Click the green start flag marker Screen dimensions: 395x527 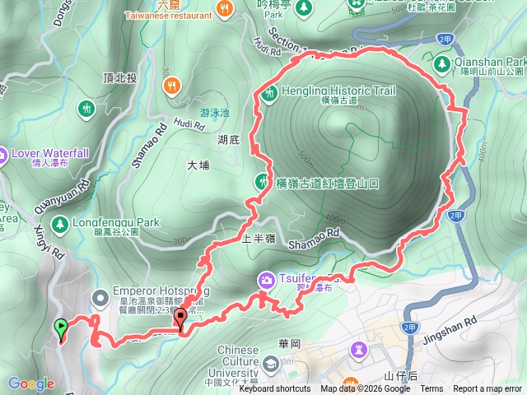61,328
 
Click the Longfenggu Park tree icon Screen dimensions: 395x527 59,224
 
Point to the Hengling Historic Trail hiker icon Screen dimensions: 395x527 268,93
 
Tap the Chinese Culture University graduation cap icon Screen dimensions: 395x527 270,362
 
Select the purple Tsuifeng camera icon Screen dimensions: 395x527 267,281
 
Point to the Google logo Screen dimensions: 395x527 30,383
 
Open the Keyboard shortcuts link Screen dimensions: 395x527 275,389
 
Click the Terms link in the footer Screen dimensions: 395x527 431,389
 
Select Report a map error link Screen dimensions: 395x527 488,389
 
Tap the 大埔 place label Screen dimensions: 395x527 198,165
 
